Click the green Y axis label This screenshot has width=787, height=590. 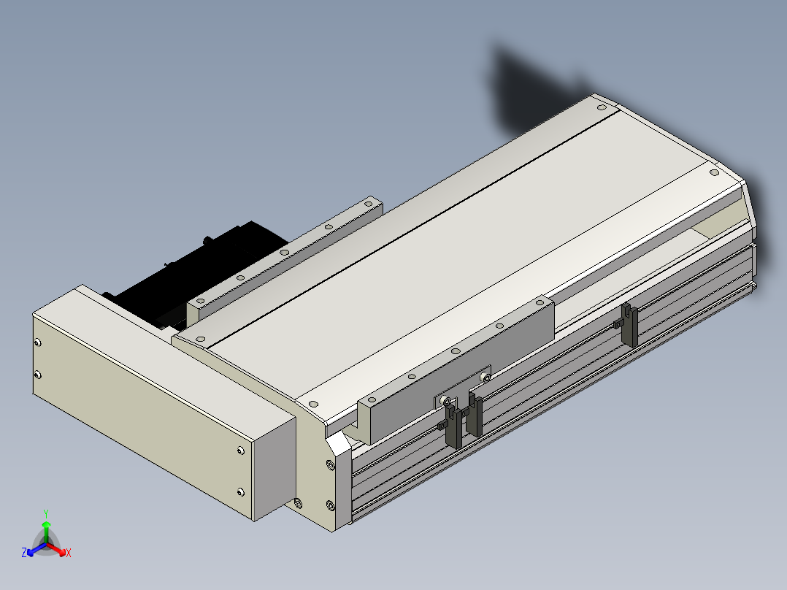[x=46, y=513]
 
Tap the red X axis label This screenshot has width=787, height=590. [x=69, y=553]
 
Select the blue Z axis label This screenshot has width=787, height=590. [x=24, y=553]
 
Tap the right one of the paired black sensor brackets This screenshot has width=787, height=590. [x=474, y=414]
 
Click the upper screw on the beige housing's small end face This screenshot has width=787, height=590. [x=37, y=343]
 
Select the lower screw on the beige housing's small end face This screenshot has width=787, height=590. [x=37, y=375]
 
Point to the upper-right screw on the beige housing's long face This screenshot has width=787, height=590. [x=240, y=451]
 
